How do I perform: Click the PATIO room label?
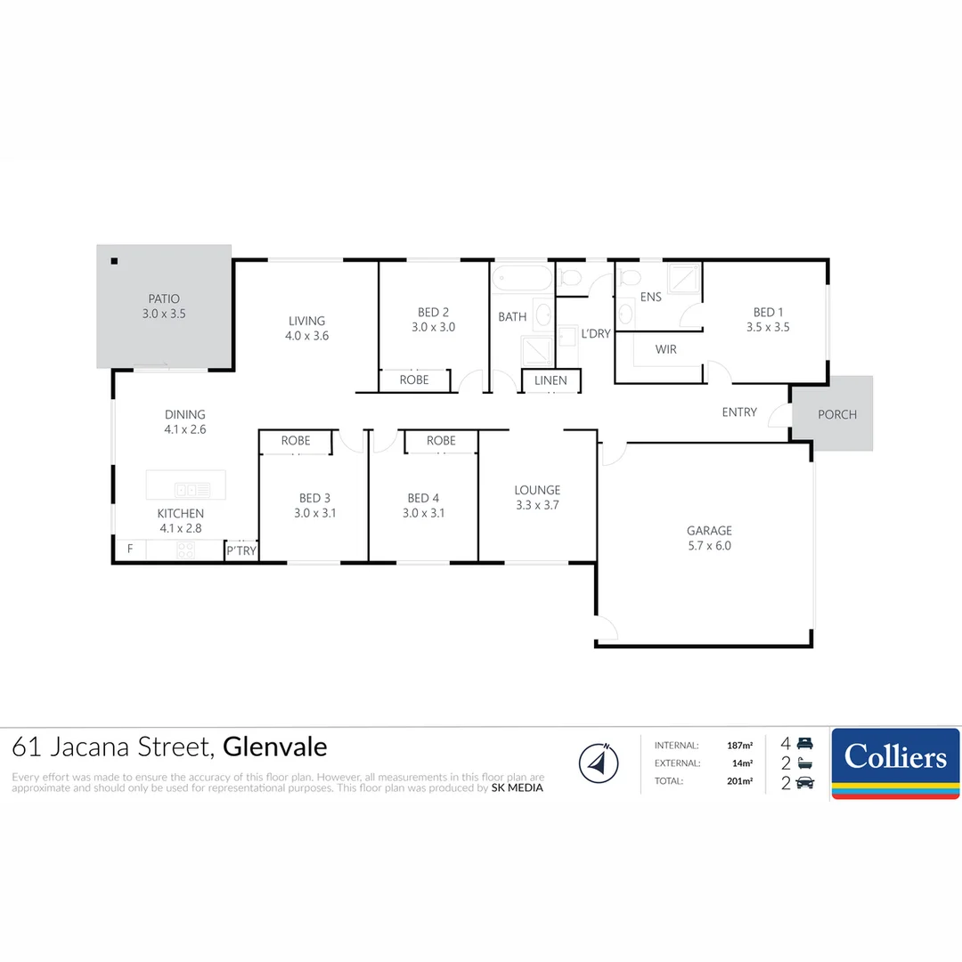[164, 299]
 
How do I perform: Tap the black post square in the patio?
[114, 261]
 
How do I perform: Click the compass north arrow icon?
[599, 762]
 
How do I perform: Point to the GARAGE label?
[709, 530]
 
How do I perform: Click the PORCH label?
[836, 414]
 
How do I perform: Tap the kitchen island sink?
[192, 489]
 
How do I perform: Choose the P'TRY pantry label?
[241, 551]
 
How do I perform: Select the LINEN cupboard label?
[550, 380]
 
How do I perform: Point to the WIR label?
[665, 349]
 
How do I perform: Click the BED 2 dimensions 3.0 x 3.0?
[434, 327]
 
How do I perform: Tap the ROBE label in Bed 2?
[414, 379]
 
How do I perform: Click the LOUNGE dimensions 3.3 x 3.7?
[537, 505]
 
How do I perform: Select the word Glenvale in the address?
[275, 746]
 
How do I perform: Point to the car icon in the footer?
[804, 782]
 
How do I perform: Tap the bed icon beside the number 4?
[805, 743]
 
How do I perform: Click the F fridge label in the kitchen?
[130, 549]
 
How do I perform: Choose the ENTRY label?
[739, 412]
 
